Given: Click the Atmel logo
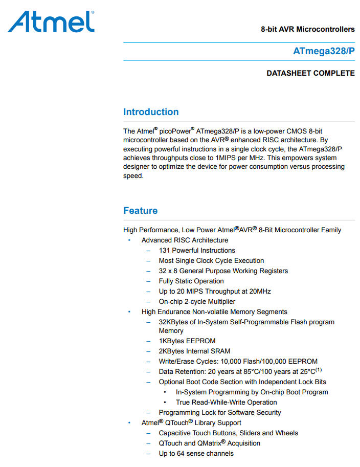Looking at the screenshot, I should (51, 22).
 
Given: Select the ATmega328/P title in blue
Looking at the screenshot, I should (324, 51).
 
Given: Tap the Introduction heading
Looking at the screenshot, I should (151, 112).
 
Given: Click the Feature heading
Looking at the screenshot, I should (140, 211).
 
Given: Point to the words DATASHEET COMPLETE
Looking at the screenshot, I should (310, 73).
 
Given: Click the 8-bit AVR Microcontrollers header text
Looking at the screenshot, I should (307, 29).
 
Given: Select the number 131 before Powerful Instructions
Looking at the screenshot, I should (164, 251).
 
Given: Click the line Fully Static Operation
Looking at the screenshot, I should (191, 281).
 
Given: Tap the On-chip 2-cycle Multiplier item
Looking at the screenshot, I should (197, 302).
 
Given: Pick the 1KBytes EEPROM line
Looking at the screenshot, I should (187, 341).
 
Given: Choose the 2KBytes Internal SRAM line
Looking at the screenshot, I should (194, 351).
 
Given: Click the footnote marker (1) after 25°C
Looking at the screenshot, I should (318, 370).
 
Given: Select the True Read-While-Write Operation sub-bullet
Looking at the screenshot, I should (226, 403).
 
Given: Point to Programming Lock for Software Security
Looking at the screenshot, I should (220, 413).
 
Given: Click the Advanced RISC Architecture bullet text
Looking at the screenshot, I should (185, 240).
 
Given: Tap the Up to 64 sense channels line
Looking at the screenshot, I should (196, 454).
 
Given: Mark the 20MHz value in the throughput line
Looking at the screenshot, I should (260, 292).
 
